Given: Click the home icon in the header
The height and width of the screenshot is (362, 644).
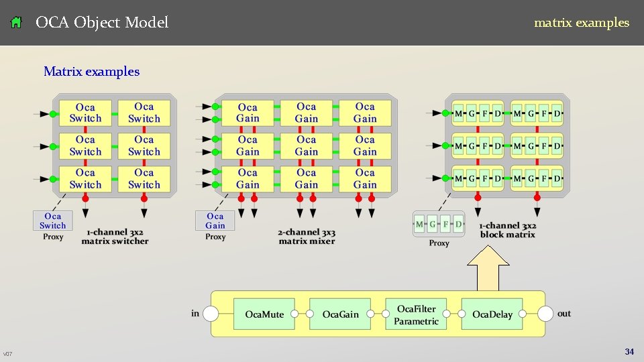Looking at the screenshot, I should pyautogui.click(x=17, y=23).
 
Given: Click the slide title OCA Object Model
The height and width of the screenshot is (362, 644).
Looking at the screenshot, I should pyautogui.click(x=102, y=23).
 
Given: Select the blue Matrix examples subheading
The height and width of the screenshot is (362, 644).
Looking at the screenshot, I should pyautogui.click(x=91, y=71).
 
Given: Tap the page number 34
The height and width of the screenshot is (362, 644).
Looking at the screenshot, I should pyautogui.click(x=629, y=351).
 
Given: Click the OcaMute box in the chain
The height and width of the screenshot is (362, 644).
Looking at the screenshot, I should pyautogui.click(x=264, y=314).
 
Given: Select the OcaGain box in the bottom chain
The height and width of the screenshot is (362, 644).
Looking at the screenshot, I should pyautogui.click(x=340, y=314).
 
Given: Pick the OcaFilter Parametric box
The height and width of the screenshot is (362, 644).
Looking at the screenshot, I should pyautogui.click(x=416, y=314).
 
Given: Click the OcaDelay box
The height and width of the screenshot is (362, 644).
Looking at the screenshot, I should pyautogui.click(x=492, y=314).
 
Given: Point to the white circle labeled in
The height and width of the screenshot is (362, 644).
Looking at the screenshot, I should pyautogui.click(x=211, y=314).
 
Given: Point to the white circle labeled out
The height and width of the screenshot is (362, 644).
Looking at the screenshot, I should pyautogui.click(x=545, y=314).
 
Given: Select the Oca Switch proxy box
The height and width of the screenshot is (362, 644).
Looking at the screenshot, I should pyautogui.click(x=52, y=221).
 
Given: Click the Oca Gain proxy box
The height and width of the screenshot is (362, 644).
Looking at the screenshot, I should pyautogui.click(x=215, y=221).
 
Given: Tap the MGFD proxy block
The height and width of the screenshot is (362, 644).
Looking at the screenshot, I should pyautogui.click(x=439, y=224).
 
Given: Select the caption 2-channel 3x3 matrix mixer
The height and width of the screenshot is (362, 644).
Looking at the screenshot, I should pyautogui.click(x=307, y=237).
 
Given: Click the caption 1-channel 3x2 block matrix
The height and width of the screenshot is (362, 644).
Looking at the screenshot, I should pyautogui.click(x=508, y=230).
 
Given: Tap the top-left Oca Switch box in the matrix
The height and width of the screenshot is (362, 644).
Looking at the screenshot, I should pyautogui.click(x=85, y=113).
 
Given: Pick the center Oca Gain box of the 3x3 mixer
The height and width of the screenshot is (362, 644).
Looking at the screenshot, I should pyautogui.click(x=307, y=145).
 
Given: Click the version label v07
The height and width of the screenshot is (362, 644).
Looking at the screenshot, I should pyautogui.click(x=7, y=353).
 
